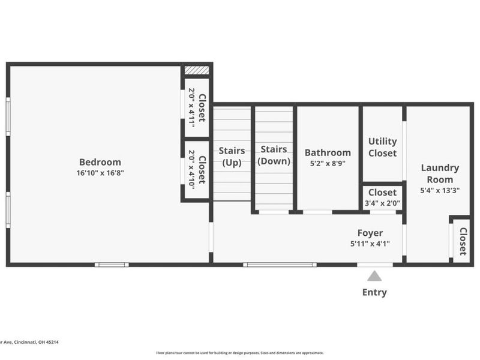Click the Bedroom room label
pos(100,162)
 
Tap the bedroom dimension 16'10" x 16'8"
pos(100,173)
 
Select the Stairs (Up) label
pos(231,156)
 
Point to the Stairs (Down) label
pos(274,155)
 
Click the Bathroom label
pos(328,152)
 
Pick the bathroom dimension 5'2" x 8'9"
pos(328,163)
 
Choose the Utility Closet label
pos(382,147)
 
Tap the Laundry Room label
pos(440,173)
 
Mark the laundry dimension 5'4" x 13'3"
pos(440,191)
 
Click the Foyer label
pos(370,233)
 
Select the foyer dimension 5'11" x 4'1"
pos(370,244)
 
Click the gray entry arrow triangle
pos(374,276)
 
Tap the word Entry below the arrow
pos(374,293)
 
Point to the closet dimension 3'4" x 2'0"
pos(382,203)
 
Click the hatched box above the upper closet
pos(196,70)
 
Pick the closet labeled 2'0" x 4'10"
pos(197,170)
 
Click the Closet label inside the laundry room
pos(463,241)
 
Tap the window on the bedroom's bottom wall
pos(112,265)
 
